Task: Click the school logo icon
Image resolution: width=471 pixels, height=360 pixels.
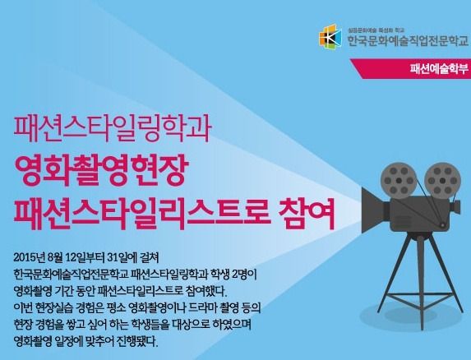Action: [x=330, y=35]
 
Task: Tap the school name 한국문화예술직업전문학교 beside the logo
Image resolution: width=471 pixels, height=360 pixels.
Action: [x=408, y=40]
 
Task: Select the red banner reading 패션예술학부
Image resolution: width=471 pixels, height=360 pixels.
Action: [x=411, y=69]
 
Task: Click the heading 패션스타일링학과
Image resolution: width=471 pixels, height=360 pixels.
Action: [x=112, y=128]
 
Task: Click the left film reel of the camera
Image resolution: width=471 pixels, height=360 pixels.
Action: [x=399, y=181]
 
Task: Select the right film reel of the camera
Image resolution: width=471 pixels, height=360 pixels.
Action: [x=442, y=181]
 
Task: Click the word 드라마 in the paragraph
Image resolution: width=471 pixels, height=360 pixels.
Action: [x=196, y=307]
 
